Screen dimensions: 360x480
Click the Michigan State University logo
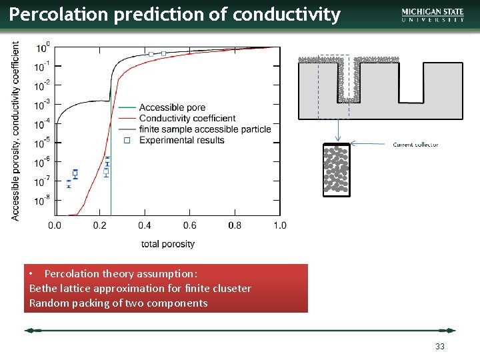pyautogui.click(x=433, y=15)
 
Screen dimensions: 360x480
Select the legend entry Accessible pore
pyautogui.click(x=172, y=107)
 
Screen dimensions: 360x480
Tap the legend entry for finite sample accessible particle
pyautogui.click(x=205, y=129)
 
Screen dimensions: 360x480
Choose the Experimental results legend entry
pyautogui.click(x=181, y=140)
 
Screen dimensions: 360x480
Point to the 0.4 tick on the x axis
pyautogui.click(x=145, y=225)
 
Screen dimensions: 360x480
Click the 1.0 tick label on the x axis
pyautogui.click(x=279, y=225)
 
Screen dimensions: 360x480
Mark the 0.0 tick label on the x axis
pyautogui.click(x=55, y=225)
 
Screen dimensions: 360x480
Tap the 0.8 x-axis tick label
pyautogui.click(x=235, y=225)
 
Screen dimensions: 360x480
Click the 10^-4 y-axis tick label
pyautogui.click(x=41, y=124)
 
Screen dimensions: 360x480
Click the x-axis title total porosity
pyautogui.click(x=168, y=244)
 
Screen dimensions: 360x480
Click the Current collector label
pyautogui.click(x=415, y=145)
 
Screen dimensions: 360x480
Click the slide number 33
pyautogui.click(x=439, y=347)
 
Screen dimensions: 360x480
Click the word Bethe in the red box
pyautogui.click(x=43, y=288)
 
